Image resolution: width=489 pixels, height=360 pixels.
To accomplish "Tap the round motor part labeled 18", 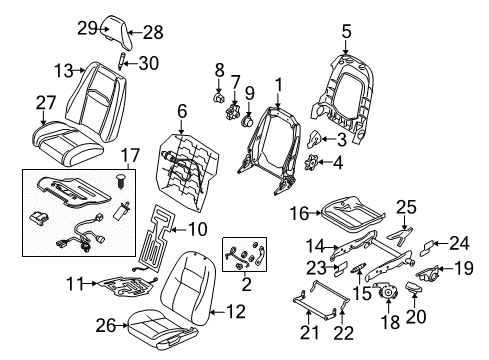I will tap(386, 292).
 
